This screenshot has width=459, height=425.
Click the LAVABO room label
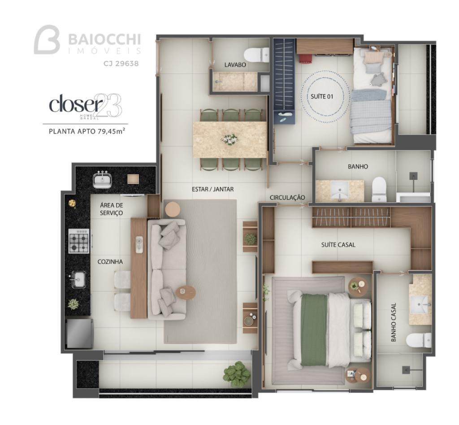pyautogui.click(x=235, y=65)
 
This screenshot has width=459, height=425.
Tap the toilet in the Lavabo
pyautogui.click(x=256, y=54)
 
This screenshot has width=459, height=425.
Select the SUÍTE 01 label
pyautogui.click(x=322, y=96)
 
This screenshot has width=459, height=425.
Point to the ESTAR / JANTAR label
pyautogui.click(x=212, y=189)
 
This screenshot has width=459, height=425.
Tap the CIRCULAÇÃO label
pyautogui.click(x=287, y=198)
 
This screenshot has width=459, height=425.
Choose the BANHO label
pyautogui.click(x=358, y=166)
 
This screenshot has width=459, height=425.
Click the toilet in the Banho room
pyautogui.click(x=379, y=189)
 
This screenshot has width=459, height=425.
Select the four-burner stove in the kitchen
pyautogui.click(x=79, y=241)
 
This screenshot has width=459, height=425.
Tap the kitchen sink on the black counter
pyautogui.click(x=78, y=280)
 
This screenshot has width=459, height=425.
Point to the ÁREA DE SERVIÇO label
pyautogui.click(x=111, y=209)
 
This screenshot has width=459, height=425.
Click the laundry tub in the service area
pyautogui.click(x=102, y=180)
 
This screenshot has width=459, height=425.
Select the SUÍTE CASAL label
pyautogui.click(x=338, y=245)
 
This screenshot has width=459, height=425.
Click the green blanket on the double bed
pyautogui.click(x=314, y=330)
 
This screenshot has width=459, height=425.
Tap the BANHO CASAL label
pyautogui.click(x=394, y=322)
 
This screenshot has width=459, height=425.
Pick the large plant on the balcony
pyautogui.click(x=237, y=372)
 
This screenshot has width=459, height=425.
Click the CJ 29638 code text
pyautogui.click(x=121, y=63)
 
